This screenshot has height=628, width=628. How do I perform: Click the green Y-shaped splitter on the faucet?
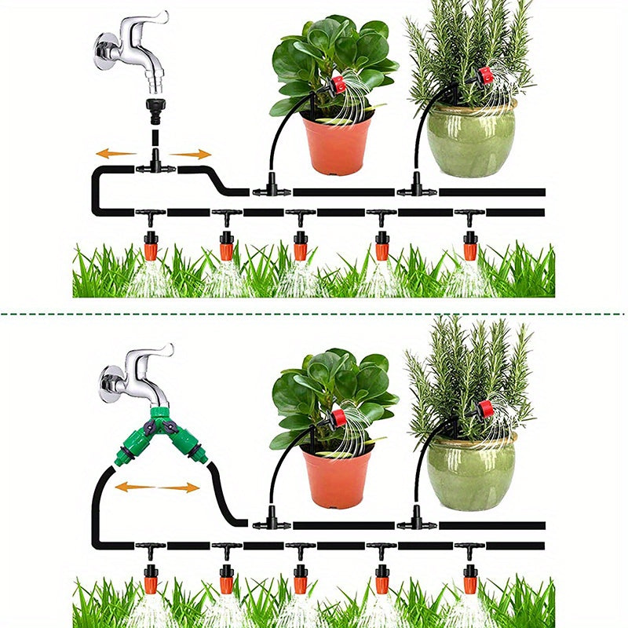(161, 430)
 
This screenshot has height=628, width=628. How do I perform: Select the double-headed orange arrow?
(157, 487)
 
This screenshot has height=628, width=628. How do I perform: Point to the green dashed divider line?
(314, 314)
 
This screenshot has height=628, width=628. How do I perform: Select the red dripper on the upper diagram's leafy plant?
(338, 83)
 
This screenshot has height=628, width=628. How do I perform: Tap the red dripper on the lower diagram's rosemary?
(484, 409)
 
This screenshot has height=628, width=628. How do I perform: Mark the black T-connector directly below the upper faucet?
(155, 166)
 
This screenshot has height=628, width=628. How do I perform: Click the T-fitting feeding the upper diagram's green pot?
(416, 189)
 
